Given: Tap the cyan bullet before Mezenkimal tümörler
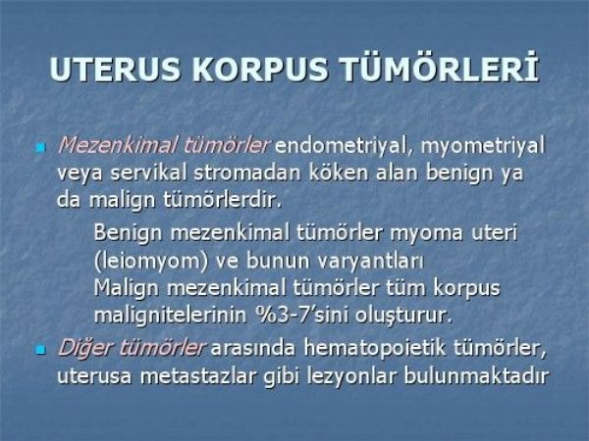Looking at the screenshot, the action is (40, 147).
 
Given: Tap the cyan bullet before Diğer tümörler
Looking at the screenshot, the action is (40, 350).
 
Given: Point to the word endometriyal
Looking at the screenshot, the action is (345, 146).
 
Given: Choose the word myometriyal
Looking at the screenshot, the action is (482, 146).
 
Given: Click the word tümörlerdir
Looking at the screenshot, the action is (222, 200).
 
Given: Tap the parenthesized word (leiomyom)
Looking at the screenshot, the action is (151, 261).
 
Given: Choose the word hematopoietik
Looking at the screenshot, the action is (375, 348).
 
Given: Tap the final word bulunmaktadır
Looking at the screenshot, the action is (476, 375).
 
